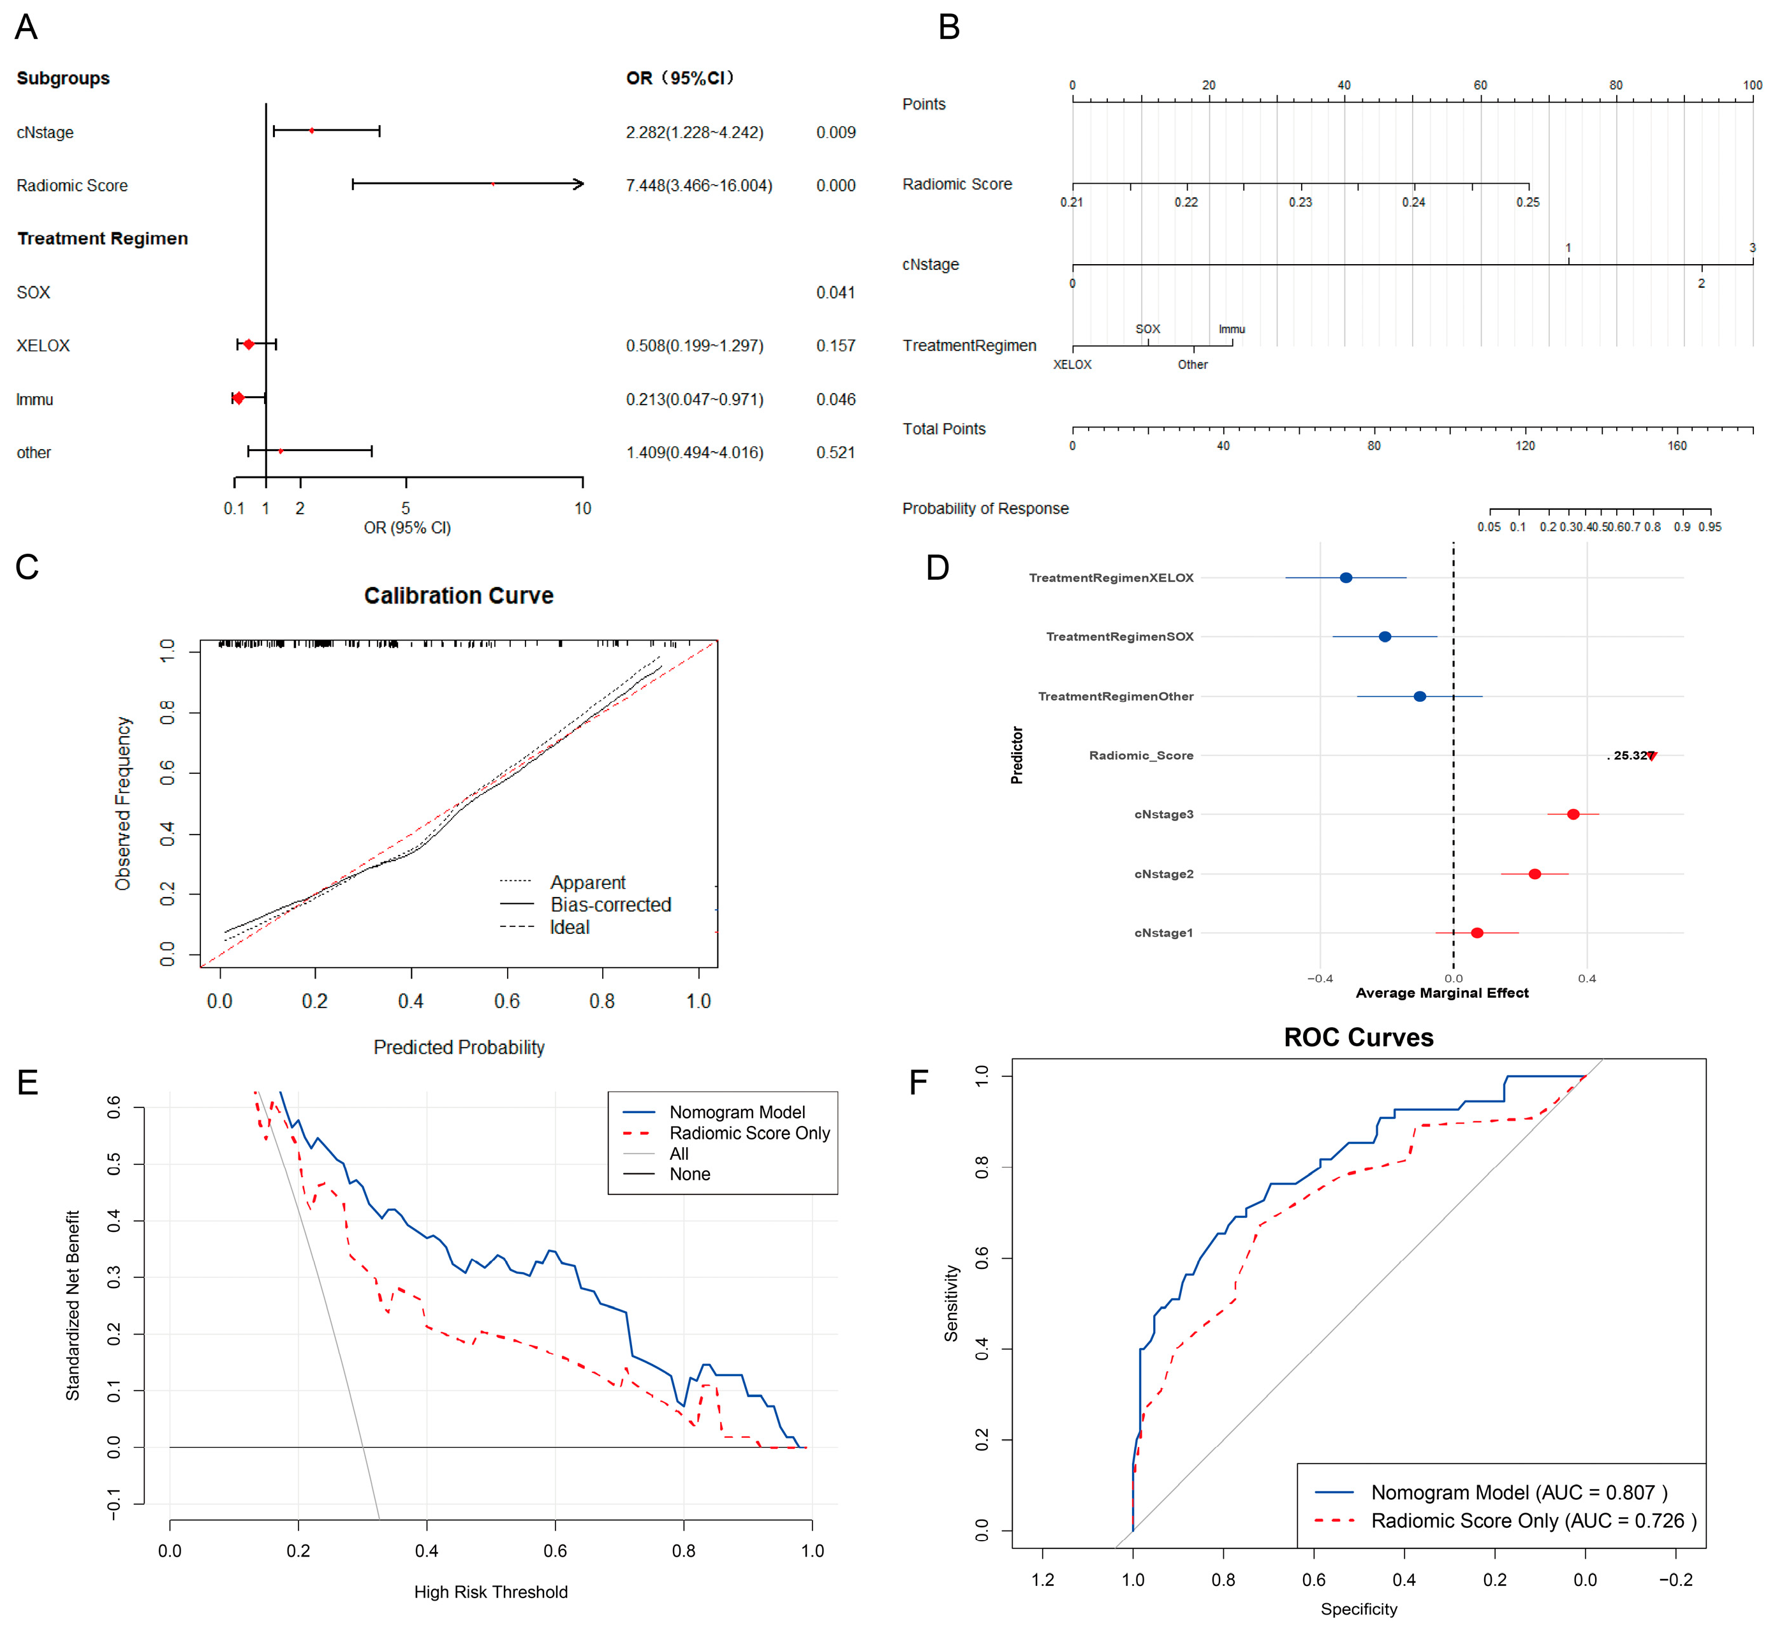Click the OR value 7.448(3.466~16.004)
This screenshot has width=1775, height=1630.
pyautogui.click(x=698, y=185)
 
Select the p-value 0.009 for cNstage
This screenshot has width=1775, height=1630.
pyautogui.click(x=835, y=132)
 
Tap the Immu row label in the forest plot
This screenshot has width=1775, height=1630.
pyautogui.click(x=34, y=399)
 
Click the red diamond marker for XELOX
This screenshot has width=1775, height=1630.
pyautogui.click(x=249, y=344)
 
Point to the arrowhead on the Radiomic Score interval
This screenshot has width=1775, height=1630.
pyautogui.click(x=578, y=184)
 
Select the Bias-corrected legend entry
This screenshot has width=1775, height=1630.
pyautogui.click(x=610, y=904)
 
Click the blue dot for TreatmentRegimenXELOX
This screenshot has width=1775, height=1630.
pyautogui.click(x=1346, y=578)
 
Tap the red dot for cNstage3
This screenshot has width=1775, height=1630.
pyautogui.click(x=1573, y=814)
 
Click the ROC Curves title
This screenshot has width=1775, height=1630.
pyautogui.click(x=1358, y=1037)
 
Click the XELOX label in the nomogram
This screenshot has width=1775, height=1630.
pyautogui.click(x=1072, y=364)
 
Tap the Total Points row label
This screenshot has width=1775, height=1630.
pyautogui.click(x=943, y=429)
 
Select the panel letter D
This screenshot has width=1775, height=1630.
pyautogui.click(x=938, y=567)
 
